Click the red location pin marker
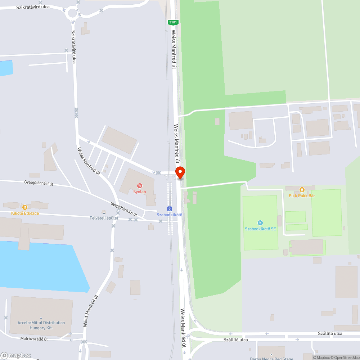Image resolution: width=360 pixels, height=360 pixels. tap(180, 172)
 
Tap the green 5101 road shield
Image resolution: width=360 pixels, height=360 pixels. tap(173, 22)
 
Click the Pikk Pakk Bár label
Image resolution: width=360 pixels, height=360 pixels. tap(302, 195)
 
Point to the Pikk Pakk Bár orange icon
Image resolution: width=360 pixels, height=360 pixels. tap(302, 190)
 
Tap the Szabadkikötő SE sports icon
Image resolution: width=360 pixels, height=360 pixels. tap(260, 223)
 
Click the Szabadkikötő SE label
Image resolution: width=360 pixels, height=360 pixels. tap(260, 229)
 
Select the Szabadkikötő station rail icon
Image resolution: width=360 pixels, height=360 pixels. tap(169, 209)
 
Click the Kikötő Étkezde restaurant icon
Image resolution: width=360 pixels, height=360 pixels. tap(24, 207)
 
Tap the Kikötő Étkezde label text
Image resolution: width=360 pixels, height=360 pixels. tap(25, 213)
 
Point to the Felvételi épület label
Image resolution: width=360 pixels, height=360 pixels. tap(104, 218)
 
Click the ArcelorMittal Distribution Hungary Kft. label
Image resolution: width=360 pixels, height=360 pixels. tap(41, 325)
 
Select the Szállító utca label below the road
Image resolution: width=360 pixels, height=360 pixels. tap(235, 339)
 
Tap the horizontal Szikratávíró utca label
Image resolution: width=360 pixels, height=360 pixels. tap(33, 7)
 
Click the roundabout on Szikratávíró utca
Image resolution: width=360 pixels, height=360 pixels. tap(72, 13)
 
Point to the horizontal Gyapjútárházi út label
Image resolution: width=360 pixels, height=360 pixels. tap(39, 184)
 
